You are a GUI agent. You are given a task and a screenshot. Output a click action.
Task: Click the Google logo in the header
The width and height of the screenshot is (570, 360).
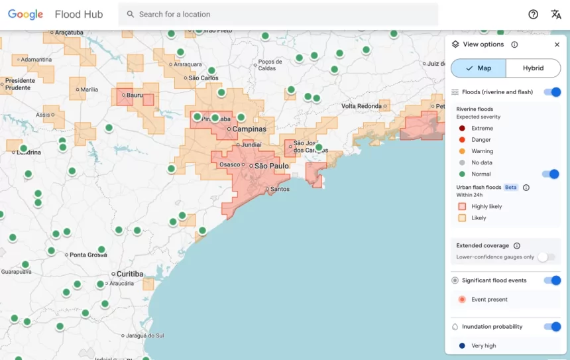point(25,15)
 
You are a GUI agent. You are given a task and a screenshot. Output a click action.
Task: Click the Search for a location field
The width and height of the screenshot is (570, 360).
point(278,15)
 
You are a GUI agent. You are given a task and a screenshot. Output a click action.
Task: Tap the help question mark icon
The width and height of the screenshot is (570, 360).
point(533,15)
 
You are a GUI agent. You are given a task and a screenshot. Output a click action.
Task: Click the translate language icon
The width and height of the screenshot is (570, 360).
point(555,15)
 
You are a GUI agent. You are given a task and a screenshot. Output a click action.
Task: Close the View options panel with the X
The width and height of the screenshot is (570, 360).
point(557,44)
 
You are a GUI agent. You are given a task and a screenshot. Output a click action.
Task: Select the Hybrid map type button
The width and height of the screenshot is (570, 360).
point(533,68)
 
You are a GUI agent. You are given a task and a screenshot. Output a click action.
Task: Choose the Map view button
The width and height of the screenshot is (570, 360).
point(478,68)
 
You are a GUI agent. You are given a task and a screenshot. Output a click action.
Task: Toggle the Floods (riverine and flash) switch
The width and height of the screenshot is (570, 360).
point(551,92)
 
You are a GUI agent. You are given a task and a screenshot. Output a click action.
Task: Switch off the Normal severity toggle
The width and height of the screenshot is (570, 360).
point(550,174)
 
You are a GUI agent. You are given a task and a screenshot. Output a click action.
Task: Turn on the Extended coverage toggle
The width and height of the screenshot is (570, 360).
point(546,257)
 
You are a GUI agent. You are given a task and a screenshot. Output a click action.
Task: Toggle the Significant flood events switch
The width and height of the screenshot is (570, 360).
point(551,280)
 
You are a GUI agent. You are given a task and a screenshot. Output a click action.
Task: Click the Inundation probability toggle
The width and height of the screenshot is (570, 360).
point(551,327)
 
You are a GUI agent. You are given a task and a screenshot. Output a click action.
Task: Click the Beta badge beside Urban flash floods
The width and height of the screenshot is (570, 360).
point(510,188)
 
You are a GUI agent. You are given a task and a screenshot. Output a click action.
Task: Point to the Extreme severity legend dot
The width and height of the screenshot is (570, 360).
point(462,129)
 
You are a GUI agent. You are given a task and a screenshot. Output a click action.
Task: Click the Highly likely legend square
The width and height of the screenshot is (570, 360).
point(462,207)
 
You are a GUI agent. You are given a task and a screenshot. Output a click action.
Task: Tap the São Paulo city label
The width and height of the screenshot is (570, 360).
point(272,166)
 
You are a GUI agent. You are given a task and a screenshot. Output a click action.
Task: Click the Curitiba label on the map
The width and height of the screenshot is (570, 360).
point(130,274)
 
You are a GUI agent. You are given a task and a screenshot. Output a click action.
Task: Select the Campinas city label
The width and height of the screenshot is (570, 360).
point(249,129)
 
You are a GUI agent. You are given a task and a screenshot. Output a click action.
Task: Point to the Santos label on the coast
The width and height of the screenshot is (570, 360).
point(280,189)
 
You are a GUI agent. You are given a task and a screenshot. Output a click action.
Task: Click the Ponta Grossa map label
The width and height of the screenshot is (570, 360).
point(88,255)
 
